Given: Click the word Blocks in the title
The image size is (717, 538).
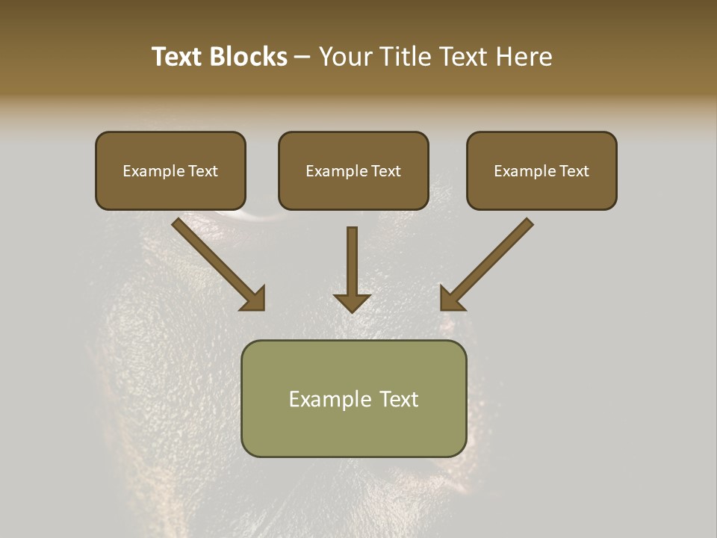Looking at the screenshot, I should (248, 57).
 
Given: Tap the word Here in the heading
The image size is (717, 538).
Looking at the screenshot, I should (524, 57).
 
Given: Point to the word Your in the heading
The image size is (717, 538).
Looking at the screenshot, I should (344, 57).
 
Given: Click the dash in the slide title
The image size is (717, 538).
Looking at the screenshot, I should (302, 58).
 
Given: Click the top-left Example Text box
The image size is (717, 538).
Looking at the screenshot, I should (170, 170).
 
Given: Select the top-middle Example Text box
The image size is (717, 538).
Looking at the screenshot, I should (353, 170).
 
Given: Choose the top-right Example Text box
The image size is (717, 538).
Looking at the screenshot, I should (541, 170).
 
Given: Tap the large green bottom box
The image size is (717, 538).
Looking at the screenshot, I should (353, 398).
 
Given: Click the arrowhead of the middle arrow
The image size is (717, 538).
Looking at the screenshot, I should (352, 302).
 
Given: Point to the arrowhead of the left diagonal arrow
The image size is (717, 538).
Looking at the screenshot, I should (254, 300).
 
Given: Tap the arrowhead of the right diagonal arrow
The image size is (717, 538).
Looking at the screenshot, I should (450, 300).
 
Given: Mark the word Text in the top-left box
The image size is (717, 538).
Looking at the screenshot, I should (202, 171).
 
